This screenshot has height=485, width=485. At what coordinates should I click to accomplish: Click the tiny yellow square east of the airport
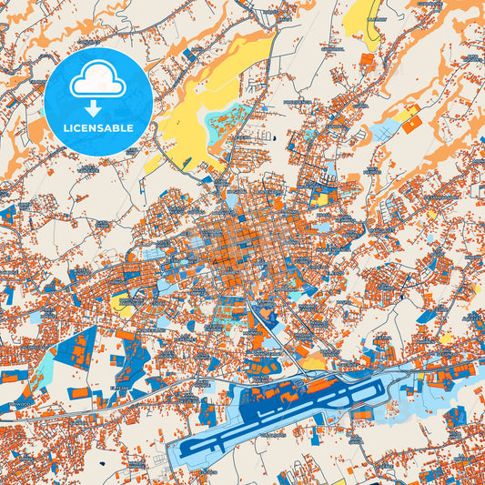[445, 338]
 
